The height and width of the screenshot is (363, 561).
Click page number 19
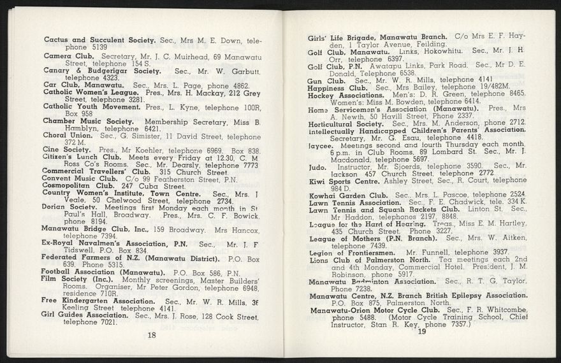421,331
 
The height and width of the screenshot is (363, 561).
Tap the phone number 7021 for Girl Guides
105,322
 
